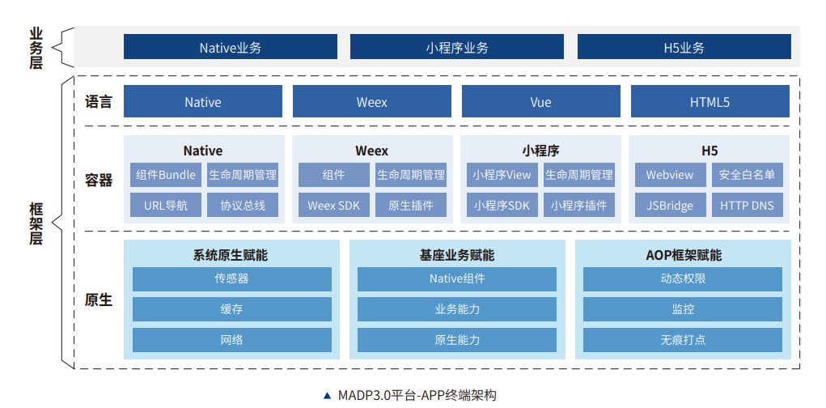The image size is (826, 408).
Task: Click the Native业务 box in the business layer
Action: click(x=230, y=47)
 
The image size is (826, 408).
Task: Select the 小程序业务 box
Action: click(x=456, y=47)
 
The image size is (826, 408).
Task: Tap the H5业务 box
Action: click(x=684, y=47)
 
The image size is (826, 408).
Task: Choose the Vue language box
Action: click(x=540, y=102)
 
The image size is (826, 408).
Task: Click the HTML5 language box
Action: click(x=710, y=102)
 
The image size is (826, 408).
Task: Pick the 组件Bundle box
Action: click(x=166, y=175)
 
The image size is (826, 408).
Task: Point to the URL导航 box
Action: click(x=166, y=206)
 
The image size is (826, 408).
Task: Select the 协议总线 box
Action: click(x=243, y=206)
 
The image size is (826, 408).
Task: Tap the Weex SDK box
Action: click(x=333, y=206)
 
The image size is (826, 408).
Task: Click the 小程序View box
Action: click(x=502, y=175)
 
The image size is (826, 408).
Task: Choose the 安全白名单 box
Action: click(x=747, y=175)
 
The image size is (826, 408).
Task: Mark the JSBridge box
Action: click(x=670, y=206)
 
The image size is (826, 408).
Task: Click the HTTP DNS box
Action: click(x=747, y=206)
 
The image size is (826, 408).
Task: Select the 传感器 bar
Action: click(x=231, y=279)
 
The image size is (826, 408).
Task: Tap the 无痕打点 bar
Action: click(x=682, y=339)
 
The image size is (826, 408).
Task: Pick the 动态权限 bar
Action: click(x=682, y=279)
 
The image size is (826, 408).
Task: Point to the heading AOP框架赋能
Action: click(x=683, y=255)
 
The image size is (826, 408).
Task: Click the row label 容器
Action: click(x=98, y=180)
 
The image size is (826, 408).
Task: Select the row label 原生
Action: click(x=98, y=300)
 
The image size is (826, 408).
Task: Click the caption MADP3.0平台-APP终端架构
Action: click(x=415, y=395)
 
